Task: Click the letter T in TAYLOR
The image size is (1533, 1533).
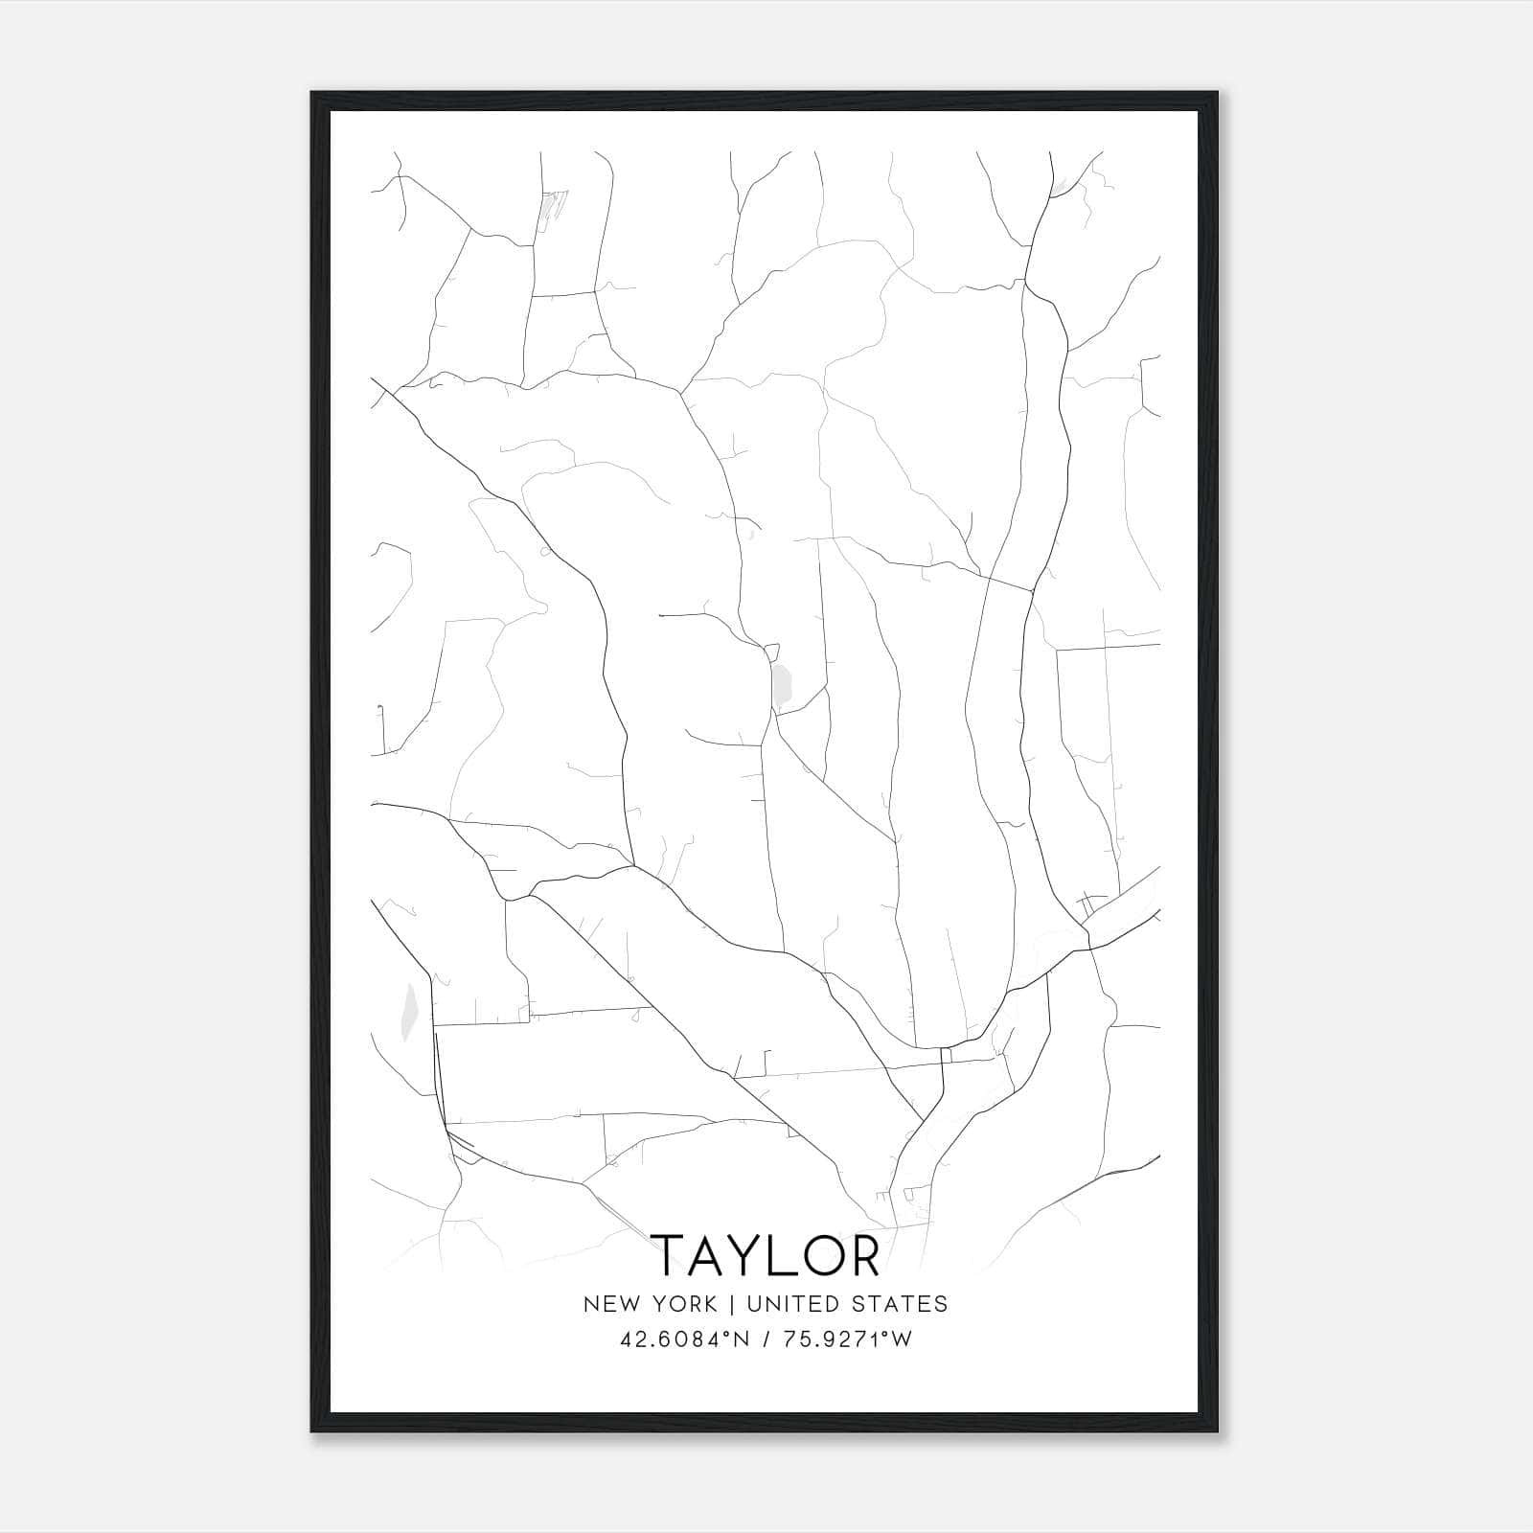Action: tap(669, 1255)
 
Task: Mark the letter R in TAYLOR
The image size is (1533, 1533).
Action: tap(864, 1255)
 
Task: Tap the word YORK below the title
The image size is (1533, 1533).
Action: tap(682, 1304)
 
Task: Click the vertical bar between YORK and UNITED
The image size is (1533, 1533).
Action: tap(731, 1304)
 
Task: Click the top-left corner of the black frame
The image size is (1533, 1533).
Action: tap(312, 93)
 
